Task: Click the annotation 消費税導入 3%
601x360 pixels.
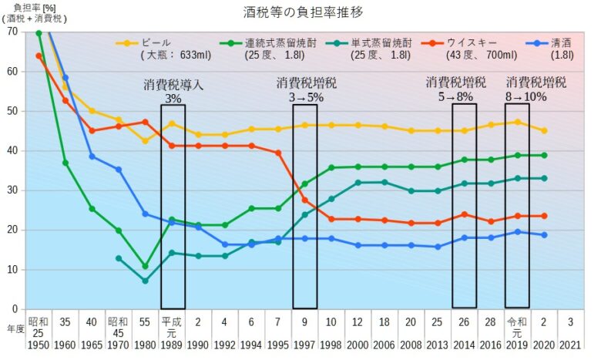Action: [x=173, y=91]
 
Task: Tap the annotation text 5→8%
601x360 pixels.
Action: [x=462, y=97]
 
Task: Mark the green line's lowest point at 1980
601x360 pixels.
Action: [x=145, y=266]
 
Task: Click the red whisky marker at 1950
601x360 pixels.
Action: [x=39, y=56]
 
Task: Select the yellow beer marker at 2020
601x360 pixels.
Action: [x=544, y=131]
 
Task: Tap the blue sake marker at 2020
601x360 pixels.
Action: [x=544, y=235]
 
